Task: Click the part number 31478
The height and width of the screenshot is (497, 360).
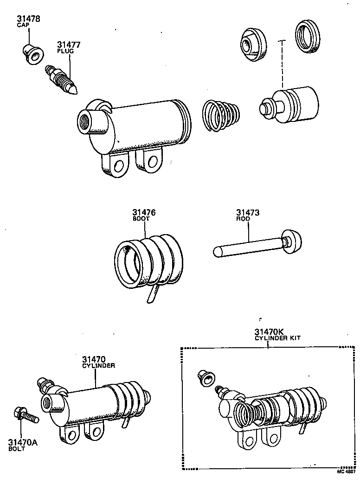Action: [x=28, y=19]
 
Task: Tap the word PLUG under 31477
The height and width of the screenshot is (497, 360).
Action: [x=65, y=51]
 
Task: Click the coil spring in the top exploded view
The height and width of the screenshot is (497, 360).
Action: [x=221, y=115]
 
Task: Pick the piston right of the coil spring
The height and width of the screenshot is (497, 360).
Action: [x=290, y=105]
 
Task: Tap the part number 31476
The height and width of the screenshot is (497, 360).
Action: [x=143, y=213]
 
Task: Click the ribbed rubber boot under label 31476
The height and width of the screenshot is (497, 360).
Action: [x=148, y=262]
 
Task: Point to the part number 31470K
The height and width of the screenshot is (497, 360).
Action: [x=269, y=332]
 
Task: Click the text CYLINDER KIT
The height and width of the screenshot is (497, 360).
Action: [x=277, y=338]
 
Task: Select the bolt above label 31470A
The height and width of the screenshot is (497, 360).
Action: [x=26, y=415]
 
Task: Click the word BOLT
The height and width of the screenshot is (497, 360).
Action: [x=17, y=449]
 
